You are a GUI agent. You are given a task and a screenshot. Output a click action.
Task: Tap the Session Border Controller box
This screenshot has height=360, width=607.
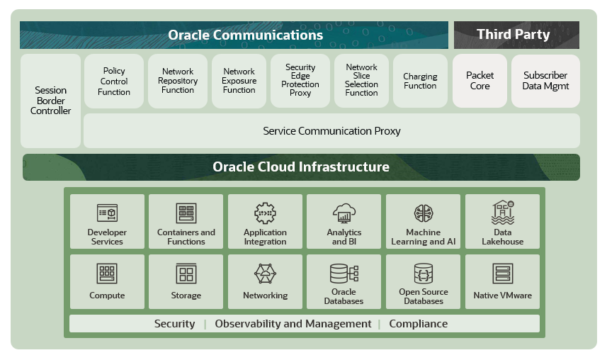(51, 101)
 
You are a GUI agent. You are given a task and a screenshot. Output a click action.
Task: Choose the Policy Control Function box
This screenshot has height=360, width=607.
(114, 81)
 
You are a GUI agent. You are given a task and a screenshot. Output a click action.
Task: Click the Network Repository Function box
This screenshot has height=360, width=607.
(178, 81)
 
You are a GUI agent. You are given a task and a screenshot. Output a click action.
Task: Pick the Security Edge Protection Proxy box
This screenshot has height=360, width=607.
(300, 81)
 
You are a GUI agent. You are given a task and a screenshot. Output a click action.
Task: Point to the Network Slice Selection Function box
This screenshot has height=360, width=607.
(361, 81)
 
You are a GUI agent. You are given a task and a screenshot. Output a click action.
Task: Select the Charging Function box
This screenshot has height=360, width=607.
(420, 81)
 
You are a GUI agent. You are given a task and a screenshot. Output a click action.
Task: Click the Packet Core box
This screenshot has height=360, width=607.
(480, 81)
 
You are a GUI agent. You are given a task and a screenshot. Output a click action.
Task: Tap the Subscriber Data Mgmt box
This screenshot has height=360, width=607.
(545, 81)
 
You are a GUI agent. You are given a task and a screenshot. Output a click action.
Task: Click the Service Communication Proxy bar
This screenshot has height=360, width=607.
(331, 131)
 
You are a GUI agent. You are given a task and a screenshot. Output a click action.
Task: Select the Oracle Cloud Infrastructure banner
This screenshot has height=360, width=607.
(301, 167)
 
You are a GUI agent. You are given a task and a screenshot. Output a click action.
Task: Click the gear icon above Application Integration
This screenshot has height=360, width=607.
(265, 213)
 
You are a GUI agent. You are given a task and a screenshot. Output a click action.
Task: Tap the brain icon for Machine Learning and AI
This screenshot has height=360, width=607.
(424, 213)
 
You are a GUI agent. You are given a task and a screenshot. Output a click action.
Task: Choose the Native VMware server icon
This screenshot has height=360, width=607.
(502, 274)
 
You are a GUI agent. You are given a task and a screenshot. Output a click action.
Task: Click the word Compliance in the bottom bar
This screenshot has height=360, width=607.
(418, 324)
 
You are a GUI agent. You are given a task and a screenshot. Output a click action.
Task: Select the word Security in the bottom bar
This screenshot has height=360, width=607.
(174, 324)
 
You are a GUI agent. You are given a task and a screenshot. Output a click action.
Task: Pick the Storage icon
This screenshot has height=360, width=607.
(186, 274)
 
